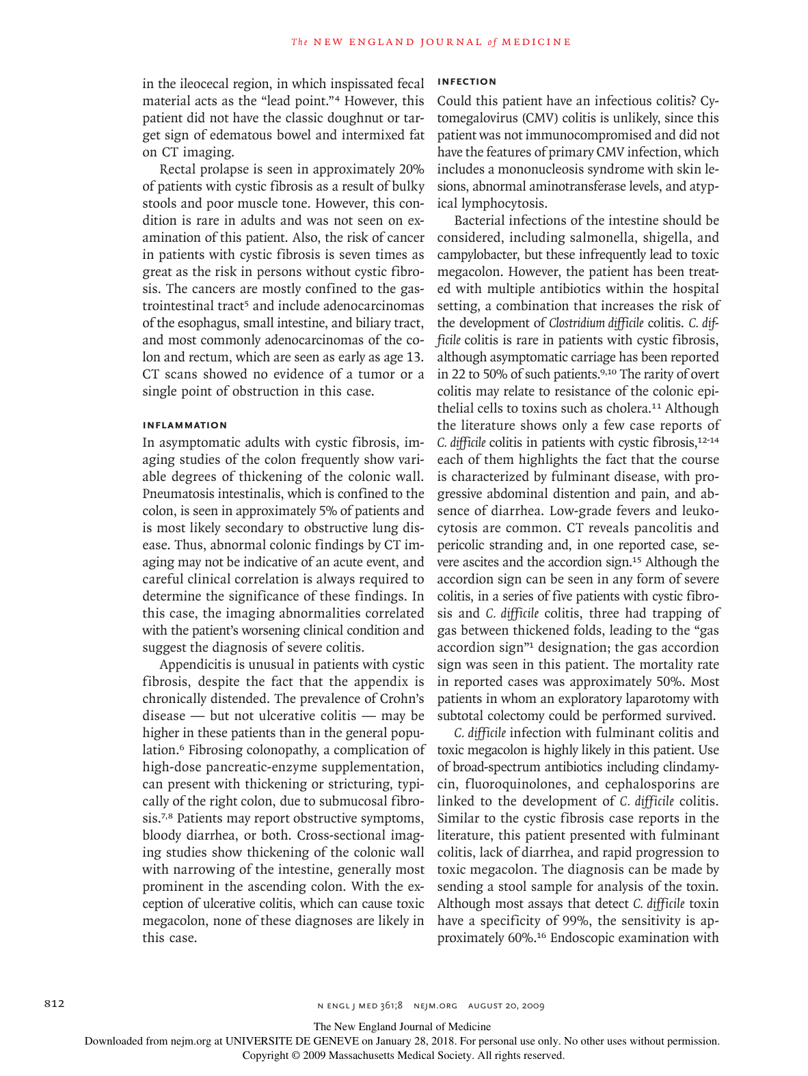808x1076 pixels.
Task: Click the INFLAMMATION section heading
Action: (x=185, y=425)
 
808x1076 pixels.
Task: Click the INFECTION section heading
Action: (x=467, y=81)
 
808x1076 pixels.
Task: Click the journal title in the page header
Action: (x=431, y=42)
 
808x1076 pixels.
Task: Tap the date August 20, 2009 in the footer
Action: (x=506, y=1006)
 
